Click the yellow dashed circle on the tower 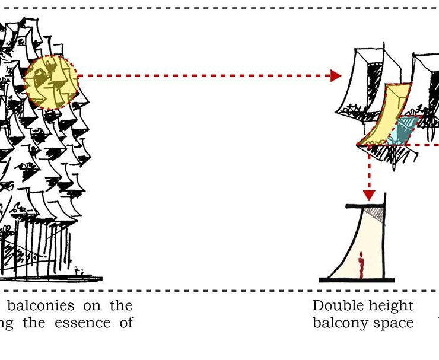(x=52, y=82)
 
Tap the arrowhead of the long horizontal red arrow (x=336, y=75)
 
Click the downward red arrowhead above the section (x=369, y=195)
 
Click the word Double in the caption (x=336, y=306)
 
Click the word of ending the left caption (x=126, y=323)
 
